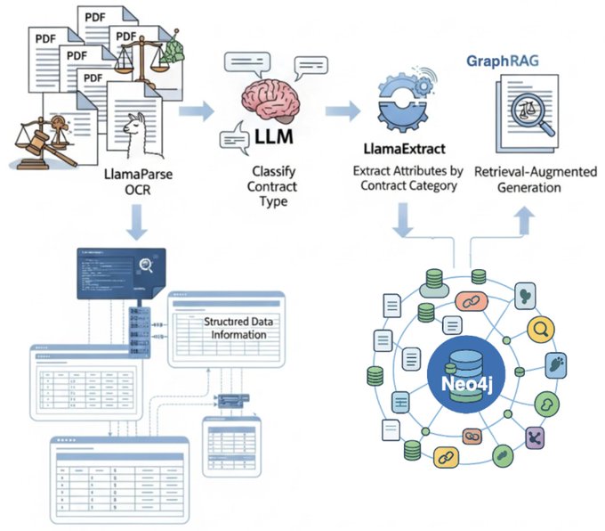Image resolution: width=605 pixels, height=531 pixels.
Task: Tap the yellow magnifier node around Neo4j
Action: pos(538,331)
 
